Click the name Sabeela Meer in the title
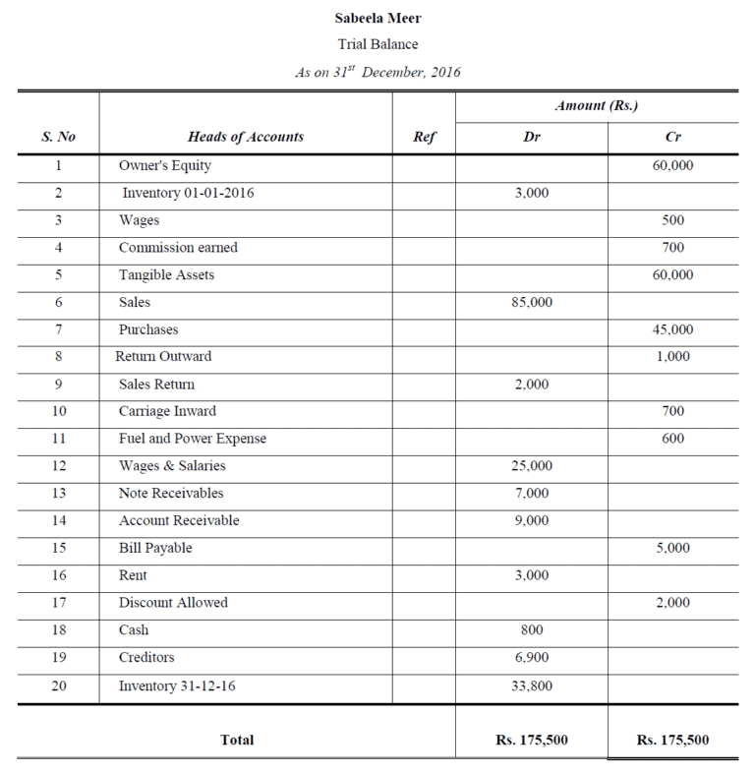377,18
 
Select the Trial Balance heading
377,44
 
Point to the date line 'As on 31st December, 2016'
377,71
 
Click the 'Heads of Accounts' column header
246,137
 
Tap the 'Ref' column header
424,137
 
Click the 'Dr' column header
532,137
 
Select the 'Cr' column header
672,137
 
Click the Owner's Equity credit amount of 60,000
672,165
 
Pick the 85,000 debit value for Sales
532,303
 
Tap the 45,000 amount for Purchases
672,329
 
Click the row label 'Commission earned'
178,248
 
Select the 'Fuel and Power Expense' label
193,439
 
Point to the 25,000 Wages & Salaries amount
532,466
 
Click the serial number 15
59,548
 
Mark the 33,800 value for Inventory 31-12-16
532,685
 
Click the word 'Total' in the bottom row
237,740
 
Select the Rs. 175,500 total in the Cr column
672,740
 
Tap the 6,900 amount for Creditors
532,657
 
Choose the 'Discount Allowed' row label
173,603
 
